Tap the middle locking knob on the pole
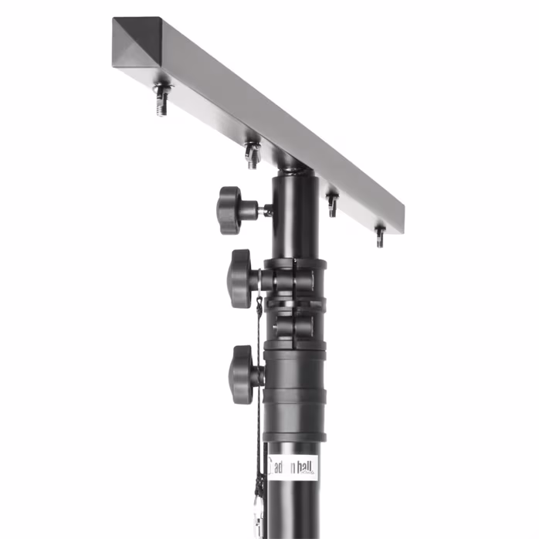(x=241, y=278)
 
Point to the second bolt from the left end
(x=252, y=154)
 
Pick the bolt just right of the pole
(x=332, y=204)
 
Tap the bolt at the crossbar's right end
(x=379, y=236)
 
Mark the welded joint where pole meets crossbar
(x=293, y=164)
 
